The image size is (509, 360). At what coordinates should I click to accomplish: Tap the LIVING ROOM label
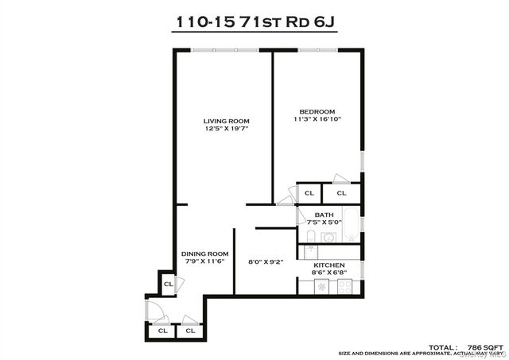221,121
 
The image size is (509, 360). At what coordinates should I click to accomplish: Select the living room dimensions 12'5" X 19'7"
221,129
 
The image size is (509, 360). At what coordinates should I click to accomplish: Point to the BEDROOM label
317,111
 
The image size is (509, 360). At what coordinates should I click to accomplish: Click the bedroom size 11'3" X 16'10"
317,119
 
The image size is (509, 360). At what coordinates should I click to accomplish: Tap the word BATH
324,215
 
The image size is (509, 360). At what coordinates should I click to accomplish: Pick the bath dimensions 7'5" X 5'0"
324,223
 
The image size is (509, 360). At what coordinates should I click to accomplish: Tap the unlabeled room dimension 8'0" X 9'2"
265,261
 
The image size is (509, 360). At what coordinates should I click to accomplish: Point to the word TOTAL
443,347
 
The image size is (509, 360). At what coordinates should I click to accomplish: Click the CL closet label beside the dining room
169,285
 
